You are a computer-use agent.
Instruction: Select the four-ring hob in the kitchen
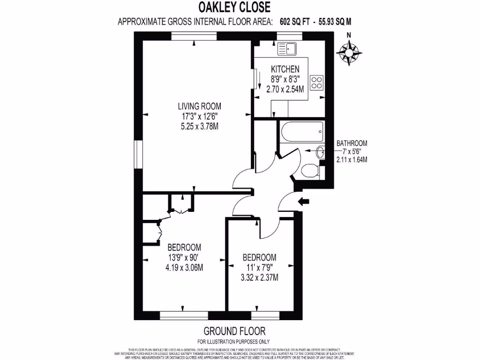(x=317, y=82)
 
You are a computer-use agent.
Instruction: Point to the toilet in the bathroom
(x=310, y=171)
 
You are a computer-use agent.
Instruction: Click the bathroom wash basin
(x=321, y=152)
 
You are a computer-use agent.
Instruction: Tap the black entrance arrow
(x=304, y=201)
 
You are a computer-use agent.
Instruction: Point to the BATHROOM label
(x=352, y=143)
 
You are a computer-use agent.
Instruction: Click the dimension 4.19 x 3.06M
(x=184, y=268)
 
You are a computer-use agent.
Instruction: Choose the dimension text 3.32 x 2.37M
(x=259, y=277)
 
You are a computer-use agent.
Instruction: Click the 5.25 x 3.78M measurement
(x=196, y=126)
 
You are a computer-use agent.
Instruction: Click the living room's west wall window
(x=138, y=154)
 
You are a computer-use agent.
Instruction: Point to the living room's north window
(x=194, y=35)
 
